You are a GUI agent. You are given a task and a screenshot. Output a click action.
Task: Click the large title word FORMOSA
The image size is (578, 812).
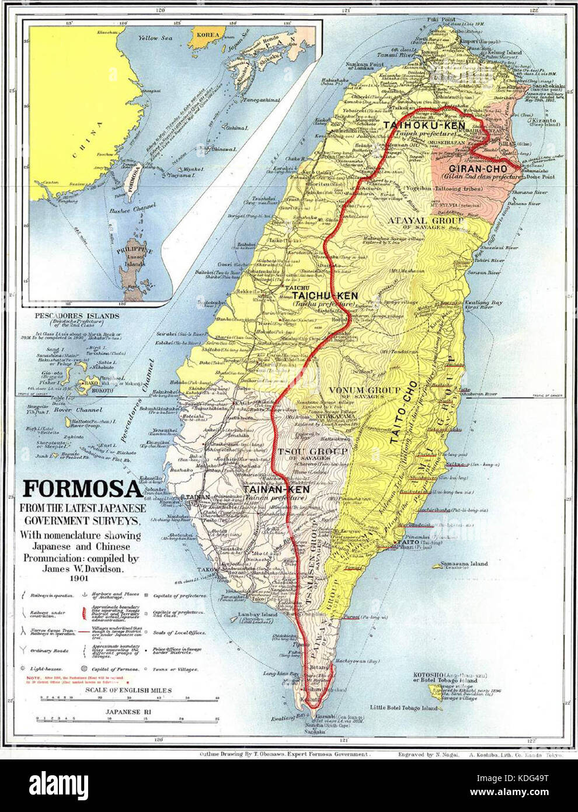(81, 488)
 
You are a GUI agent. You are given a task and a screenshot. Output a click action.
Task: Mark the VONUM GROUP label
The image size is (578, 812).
(364, 390)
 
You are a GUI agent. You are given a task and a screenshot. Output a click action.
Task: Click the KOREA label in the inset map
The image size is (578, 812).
(208, 35)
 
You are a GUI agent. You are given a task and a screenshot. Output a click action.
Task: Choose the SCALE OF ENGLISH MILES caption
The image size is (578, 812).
(128, 690)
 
